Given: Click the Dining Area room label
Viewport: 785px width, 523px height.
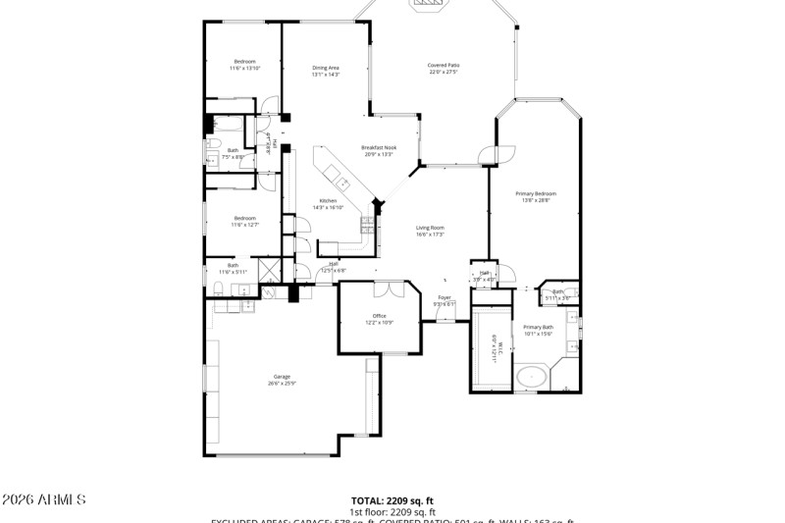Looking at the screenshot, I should point(326,71).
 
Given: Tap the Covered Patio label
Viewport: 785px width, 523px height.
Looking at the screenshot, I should point(444,69).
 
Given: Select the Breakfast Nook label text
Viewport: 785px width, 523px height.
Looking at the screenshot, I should point(378,150).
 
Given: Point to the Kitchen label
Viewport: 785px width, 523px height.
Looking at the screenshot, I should point(328,204).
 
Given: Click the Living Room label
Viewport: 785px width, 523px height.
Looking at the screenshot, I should point(430,231).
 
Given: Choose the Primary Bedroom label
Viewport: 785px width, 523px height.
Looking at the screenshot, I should point(537,197).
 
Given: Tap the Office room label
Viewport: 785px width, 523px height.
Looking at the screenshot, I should point(379,319).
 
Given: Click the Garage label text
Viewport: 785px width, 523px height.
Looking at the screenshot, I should point(282,380).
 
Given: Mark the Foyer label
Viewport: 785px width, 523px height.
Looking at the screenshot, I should point(445,300).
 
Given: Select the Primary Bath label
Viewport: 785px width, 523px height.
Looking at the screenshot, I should point(538,330).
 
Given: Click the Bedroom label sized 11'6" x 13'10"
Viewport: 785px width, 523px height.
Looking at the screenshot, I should point(244,65).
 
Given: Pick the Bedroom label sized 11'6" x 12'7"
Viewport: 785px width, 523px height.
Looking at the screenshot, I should point(244,221).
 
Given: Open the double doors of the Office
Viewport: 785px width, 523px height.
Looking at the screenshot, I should point(389,288).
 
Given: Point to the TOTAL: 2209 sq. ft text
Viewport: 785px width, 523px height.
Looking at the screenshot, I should point(392,500).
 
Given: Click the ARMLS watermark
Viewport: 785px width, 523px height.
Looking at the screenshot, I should point(43,499).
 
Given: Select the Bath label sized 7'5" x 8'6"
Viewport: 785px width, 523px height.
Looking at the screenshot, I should point(233,153).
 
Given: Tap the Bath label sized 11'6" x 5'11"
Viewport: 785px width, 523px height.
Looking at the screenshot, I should point(234,267).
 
